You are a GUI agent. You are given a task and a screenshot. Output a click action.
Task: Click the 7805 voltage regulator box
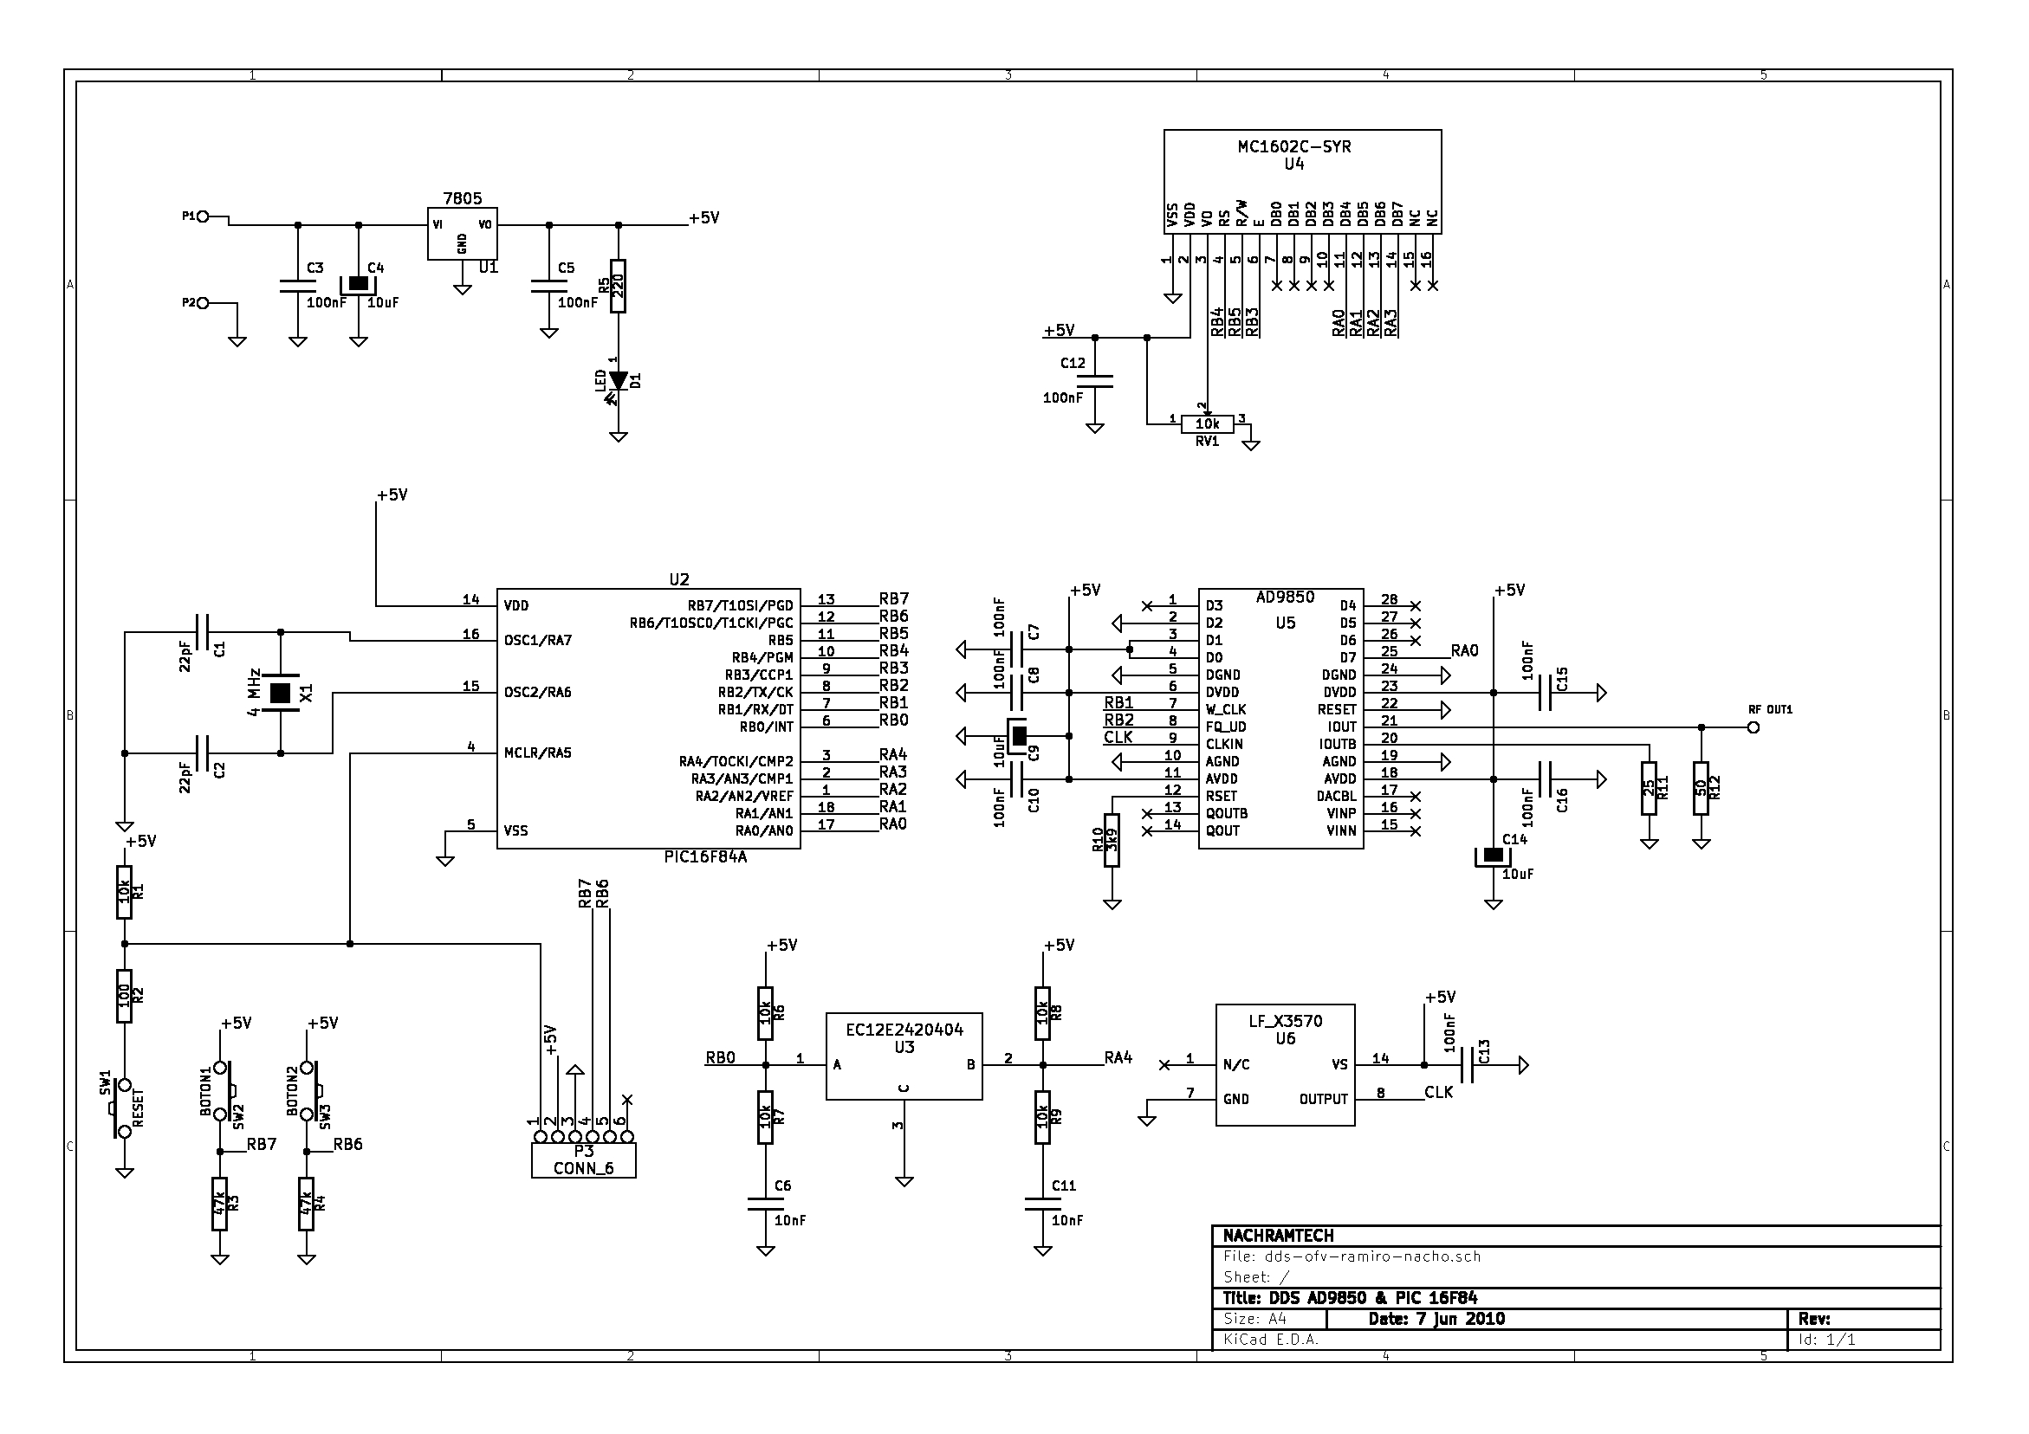(462, 233)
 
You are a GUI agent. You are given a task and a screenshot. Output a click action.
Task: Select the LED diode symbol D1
(619, 381)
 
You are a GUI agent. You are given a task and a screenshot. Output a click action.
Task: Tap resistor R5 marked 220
(619, 286)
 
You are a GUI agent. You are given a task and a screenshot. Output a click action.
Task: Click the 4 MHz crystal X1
(280, 693)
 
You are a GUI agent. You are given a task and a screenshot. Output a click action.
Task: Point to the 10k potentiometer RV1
(1207, 425)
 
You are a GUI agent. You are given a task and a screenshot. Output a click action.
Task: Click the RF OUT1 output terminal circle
(1753, 727)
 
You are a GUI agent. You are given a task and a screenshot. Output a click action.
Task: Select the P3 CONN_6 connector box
(583, 1160)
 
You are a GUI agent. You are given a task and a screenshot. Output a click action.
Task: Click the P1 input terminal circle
(204, 216)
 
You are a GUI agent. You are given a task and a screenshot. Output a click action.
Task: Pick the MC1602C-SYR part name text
(1293, 146)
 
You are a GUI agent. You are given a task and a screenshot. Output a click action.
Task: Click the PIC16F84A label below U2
(705, 857)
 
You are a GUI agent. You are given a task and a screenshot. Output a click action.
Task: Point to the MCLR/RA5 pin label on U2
(537, 753)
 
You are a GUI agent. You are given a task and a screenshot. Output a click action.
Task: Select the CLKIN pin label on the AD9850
(1224, 745)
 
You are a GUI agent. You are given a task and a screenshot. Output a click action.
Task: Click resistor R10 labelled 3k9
(1112, 840)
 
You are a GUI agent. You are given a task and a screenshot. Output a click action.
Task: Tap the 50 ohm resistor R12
(1702, 788)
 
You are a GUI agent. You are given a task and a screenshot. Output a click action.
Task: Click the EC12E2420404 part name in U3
(904, 1030)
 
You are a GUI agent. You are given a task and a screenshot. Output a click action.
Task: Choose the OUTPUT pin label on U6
(1323, 1099)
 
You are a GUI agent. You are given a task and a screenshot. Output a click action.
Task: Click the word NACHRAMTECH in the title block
(1278, 1235)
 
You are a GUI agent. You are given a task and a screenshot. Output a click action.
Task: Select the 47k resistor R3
(220, 1204)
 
